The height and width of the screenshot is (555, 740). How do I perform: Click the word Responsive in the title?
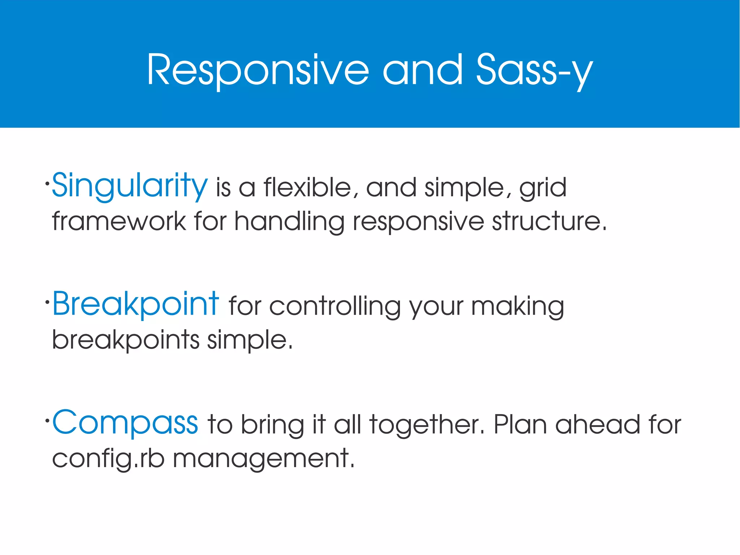click(x=258, y=71)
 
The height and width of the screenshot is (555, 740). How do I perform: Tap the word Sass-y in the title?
click(x=534, y=71)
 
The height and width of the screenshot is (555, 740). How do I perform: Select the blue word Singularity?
click(x=130, y=186)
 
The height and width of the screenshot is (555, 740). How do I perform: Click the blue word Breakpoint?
click(x=135, y=304)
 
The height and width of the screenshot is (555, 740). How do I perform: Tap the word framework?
click(x=119, y=221)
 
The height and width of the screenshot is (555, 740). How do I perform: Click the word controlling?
click(x=335, y=307)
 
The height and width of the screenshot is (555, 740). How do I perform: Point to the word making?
click(x=517, y=307)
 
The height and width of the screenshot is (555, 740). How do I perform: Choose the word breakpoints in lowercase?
click(x=126, y=340)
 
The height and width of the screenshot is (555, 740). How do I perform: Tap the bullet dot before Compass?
click(x=47, y=420)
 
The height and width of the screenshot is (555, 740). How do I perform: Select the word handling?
click(x=289, y=221)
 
